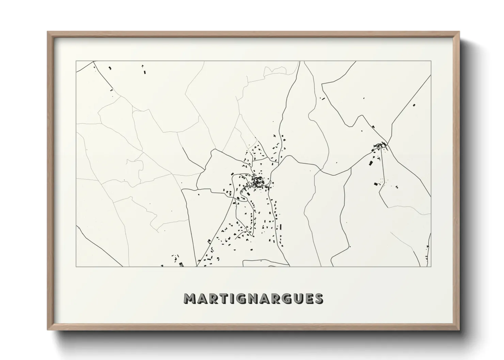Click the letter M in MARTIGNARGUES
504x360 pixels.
click(190, 299)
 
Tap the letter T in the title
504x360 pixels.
click(221, 299)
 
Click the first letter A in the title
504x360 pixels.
click(201, 299)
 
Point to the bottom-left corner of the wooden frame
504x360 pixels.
click(48, 329)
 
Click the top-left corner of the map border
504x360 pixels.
click(76, 61)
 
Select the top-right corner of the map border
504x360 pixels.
click(431, 61)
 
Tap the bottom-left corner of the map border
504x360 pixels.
click(76, 266)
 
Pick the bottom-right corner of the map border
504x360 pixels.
click(431, 266)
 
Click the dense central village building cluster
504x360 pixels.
click(257, 181)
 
